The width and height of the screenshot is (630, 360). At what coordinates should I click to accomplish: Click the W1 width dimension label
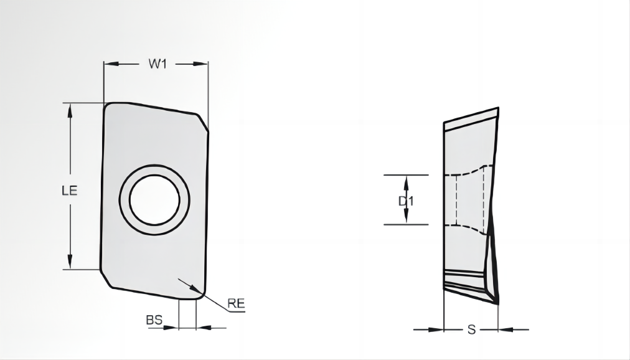coord(157,64)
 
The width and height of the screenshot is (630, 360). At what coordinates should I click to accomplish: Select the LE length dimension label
coord(70,191)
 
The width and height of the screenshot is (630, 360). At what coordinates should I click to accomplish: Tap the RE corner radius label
coord(236,303)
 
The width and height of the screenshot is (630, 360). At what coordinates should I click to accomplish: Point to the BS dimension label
coord(154,320)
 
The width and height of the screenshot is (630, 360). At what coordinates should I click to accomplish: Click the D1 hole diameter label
coord(406,201)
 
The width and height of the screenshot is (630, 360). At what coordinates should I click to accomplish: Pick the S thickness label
coord(472,330)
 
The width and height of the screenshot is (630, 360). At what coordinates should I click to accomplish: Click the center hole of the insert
coord(154,200)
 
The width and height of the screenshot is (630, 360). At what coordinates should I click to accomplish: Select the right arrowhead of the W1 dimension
coord(201,64)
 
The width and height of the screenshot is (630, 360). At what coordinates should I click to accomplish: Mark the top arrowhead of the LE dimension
coord(70,110)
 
